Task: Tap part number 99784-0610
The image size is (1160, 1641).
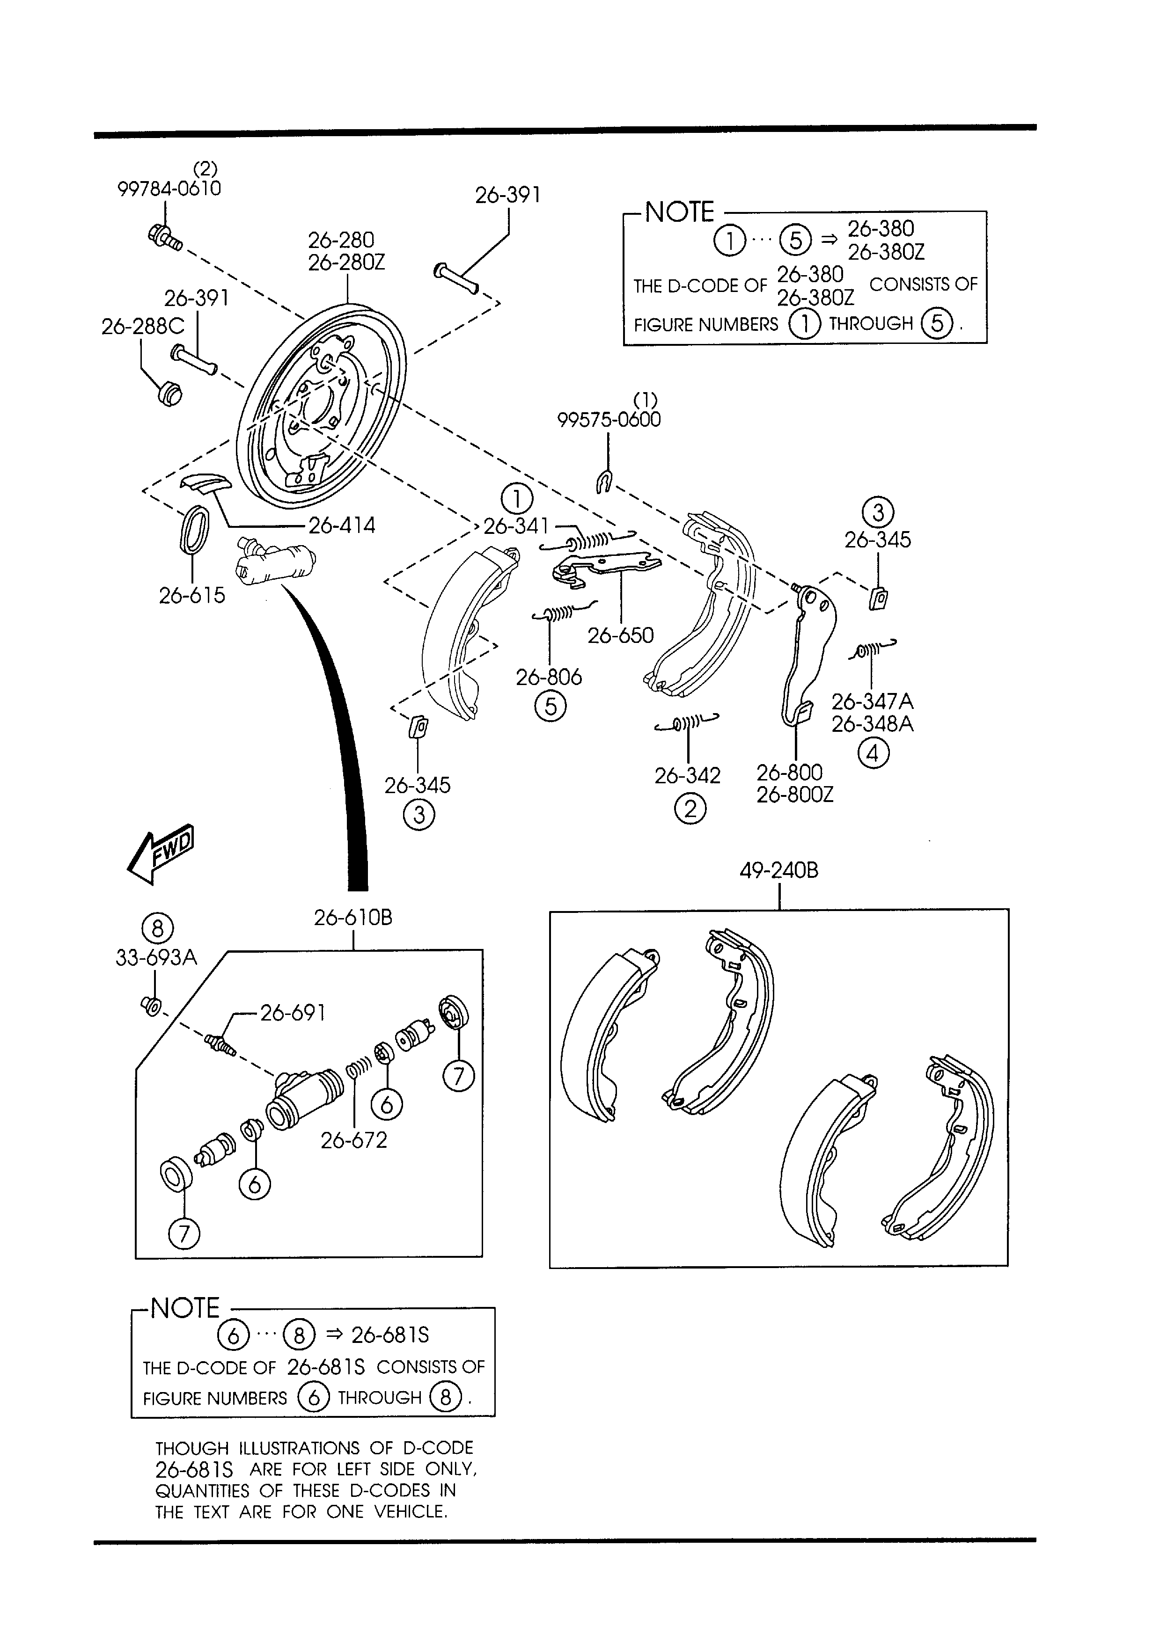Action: point(169,189)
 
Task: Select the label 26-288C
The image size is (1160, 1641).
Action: point(142,326)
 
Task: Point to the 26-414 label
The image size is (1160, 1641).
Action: point(341,525)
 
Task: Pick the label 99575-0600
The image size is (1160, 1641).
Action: point(609,420)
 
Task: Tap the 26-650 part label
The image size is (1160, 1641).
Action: point(621,635)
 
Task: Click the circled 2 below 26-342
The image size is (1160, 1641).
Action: point(690,809)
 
